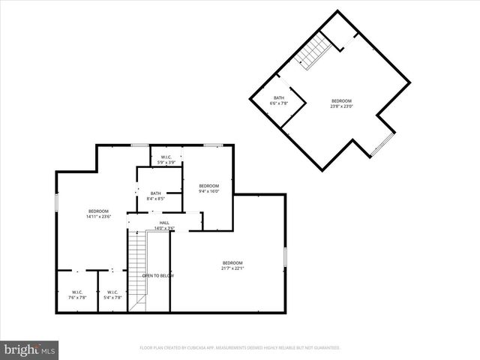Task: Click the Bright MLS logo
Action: pos(30,349)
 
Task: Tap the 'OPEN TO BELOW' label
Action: pos(158,275)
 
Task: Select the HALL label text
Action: pos(164,222)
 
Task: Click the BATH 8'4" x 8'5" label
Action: pos(155,196)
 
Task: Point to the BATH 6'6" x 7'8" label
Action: pos(278,100)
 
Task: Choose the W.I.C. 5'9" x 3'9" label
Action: pos(167,160)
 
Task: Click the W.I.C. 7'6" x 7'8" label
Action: pos(77,295)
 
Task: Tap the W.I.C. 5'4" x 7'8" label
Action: pos(112,295)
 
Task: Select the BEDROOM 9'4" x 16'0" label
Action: pos(208,188)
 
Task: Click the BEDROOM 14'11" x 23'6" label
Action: pos(98,214)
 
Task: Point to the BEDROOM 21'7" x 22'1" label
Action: pos(232,265)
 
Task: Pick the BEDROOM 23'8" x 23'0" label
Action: pos(341,103)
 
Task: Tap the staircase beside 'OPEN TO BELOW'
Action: pos(137,270)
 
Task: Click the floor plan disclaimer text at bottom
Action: pos(240,348)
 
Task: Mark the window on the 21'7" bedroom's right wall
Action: pos(285,256)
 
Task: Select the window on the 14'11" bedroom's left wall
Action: pos(56,203)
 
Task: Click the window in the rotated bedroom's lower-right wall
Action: pos(382,146)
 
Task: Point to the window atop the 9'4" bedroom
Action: pos(213,145)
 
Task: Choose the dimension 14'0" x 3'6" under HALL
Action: pos(164,228)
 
